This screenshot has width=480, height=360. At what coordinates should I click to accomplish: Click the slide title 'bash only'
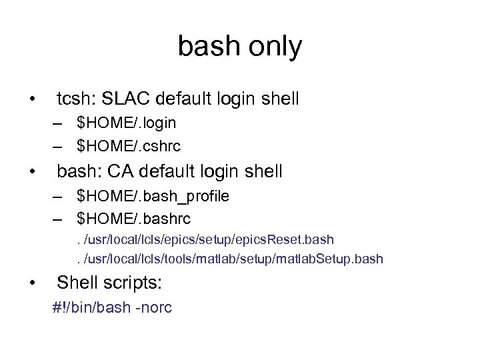(239, 47)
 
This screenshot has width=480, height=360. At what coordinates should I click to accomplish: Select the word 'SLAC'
(123, 99)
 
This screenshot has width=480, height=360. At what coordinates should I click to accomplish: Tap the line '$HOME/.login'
(126, 123)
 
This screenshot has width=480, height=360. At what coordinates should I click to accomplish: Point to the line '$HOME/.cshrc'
(129, 145)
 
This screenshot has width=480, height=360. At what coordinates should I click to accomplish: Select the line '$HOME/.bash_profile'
(153, 196)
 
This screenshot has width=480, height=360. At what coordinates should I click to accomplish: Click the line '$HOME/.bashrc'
(133, 218)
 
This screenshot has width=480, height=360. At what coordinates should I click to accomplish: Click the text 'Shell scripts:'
(109, 283)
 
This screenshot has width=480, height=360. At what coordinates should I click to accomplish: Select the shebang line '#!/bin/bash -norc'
(113, 308)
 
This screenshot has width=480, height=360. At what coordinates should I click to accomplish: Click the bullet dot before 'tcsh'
(33, 101)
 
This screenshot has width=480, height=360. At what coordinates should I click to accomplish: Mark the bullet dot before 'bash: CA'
(33, 173)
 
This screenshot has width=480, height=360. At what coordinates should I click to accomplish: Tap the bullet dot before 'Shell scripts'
(33, 285)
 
